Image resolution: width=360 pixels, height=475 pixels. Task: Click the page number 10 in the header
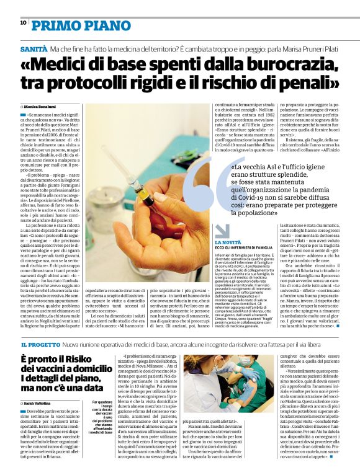pyautogui.click(x=23, y=23)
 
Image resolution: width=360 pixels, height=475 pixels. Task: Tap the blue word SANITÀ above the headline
pyautogui.click(x=34, y=48)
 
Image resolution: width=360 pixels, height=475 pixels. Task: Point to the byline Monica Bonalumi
pyautogui.click(x=42, y=107)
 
